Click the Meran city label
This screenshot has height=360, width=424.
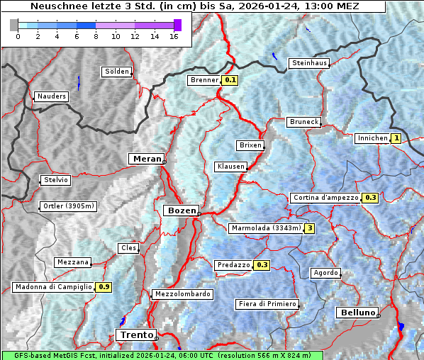(147, 159)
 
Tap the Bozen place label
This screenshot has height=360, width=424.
(181, 210)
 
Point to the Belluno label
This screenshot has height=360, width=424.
(357, 313)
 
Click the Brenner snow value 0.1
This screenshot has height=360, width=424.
(230, 80)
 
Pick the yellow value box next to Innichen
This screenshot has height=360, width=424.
(396, 138)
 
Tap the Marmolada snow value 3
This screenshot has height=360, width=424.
(309, 228)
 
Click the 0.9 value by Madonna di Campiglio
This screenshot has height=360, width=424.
(104, 287)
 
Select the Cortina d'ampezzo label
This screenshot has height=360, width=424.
(325, 198)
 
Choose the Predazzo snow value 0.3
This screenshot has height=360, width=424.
(262, 265)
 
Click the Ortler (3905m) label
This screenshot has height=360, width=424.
(68, 206)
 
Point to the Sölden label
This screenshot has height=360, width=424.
(117, 72)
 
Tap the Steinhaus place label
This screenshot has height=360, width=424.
(310, 63)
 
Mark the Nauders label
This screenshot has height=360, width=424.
(51, 96)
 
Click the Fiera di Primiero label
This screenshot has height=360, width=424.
(267, 304)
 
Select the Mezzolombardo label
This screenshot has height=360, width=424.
(182, 294)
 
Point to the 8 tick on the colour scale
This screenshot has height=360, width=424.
(96, 36)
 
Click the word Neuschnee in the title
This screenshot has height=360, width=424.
(57, 6)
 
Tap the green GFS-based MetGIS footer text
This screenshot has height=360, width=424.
(162, 355)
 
